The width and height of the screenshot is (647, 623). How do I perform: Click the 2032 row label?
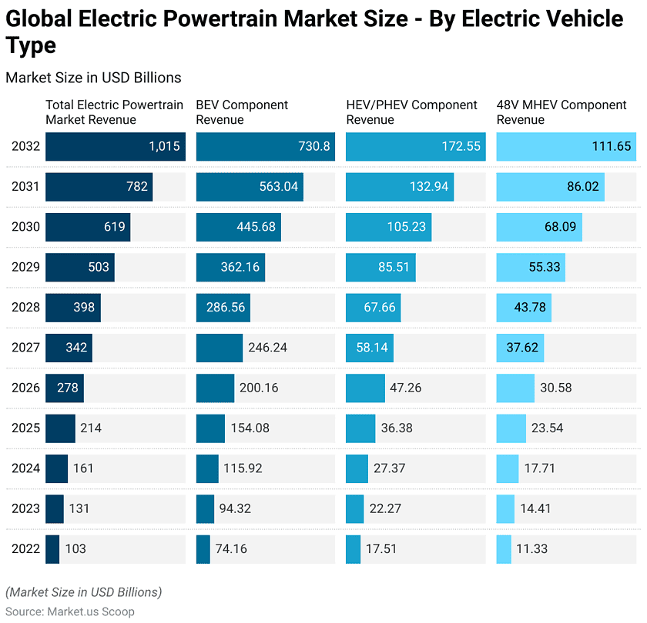pos(24,146)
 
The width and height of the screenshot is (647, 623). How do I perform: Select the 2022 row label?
pos(24,548)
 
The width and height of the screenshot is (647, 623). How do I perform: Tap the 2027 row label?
pos(24,348)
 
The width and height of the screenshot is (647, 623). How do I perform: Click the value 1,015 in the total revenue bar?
pos(164,146)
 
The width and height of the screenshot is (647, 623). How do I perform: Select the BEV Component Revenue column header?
pos(242,112)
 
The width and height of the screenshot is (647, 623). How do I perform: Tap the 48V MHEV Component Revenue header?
pos(562,112)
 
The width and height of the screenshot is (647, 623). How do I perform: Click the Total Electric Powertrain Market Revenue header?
pos(114,112)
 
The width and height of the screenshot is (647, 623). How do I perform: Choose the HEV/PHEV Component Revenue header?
pos(411,112)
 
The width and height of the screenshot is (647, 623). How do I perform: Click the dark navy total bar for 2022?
pos(52,548)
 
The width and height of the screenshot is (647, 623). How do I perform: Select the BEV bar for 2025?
pos(210,428)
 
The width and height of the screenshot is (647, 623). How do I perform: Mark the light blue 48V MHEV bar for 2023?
pos(505,508)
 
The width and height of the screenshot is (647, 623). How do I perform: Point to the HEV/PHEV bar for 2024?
pos(357,468)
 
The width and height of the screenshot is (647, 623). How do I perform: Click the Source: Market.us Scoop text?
pos(70,611)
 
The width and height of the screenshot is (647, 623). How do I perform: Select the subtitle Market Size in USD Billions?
pos(93,78)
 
